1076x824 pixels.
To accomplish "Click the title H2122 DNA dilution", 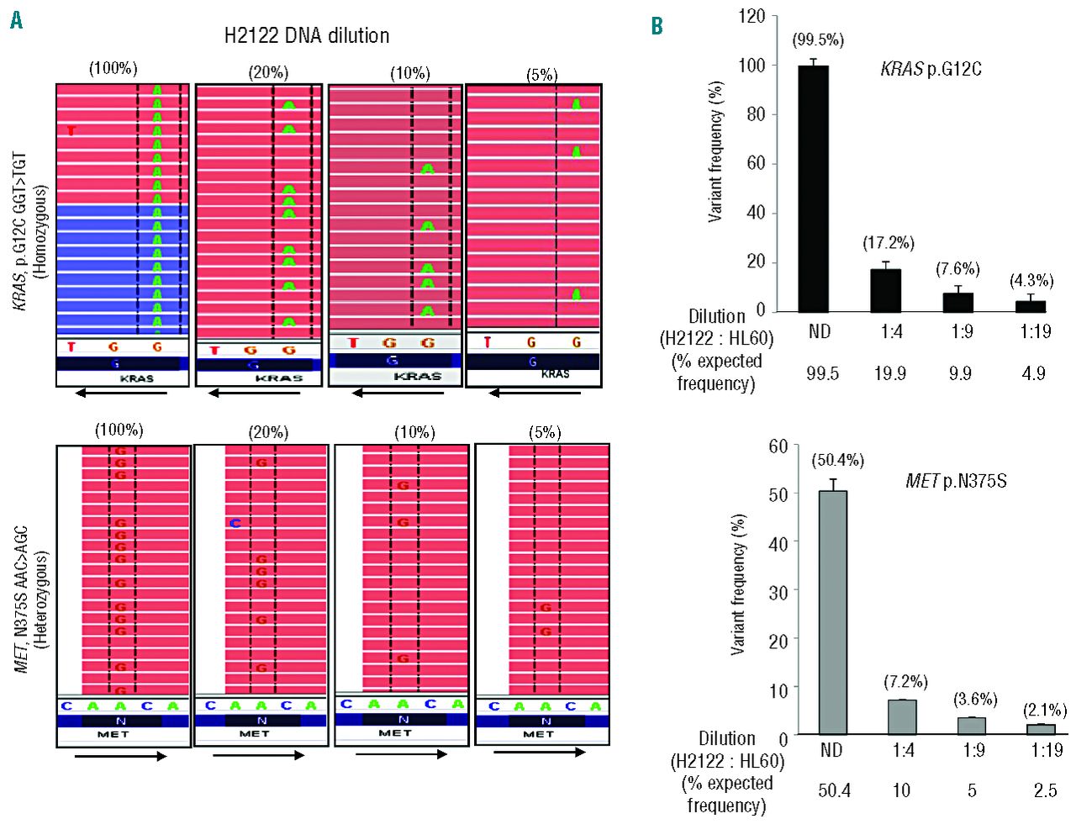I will click(307, 36).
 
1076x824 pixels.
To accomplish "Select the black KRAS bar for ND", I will click(813, 188).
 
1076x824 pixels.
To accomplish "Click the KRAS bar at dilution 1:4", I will click(885, 290).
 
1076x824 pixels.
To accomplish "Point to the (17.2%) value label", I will click(888, 244).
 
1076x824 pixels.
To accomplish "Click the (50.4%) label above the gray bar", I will click(837, 460).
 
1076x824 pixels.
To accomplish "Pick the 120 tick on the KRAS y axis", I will click(752, 17).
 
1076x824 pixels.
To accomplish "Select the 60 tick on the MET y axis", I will click(778, 446).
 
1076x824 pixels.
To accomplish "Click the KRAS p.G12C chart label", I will click(931, 69).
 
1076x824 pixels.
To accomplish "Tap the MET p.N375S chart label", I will click(956, 482).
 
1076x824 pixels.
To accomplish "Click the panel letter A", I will click(16, 21).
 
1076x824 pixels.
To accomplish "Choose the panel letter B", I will click(657, 26).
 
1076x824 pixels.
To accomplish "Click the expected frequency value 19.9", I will click(889, 372).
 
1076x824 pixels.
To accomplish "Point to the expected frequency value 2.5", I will click(1045, 790).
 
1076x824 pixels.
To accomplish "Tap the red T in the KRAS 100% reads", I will click(71, 130).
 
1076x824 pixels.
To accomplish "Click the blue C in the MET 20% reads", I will click(235, 523).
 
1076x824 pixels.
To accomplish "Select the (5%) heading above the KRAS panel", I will click(541, 75).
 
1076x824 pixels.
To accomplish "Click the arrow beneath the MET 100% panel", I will click(120, 756).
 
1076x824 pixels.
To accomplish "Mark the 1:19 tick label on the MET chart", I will click(1047, 749).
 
